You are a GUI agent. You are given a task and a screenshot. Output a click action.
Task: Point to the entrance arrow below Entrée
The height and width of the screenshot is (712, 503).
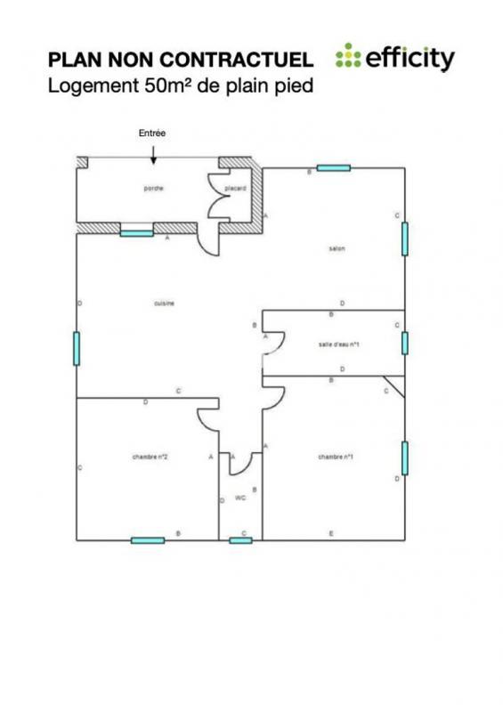[153, 155]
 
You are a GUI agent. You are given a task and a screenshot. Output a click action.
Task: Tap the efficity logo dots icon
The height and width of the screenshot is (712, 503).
[348, 58]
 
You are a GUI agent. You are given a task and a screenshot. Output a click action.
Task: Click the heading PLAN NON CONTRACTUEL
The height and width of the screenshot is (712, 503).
[181, 60]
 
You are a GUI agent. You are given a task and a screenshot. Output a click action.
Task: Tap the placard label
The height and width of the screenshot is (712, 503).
[235, 188]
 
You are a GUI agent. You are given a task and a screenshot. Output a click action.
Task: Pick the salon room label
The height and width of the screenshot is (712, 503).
[337, 249]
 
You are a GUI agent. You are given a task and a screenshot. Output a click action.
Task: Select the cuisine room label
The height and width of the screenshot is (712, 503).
[164, 303]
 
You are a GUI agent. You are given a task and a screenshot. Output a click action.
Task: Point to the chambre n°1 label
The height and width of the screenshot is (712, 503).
[336, 457]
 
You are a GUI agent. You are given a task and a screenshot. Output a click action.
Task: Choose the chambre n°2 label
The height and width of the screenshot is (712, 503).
[150, 457]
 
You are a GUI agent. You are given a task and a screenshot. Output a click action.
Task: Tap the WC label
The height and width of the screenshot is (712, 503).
[240, 498]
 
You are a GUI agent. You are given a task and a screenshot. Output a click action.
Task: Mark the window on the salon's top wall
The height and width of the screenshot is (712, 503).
[333, 167]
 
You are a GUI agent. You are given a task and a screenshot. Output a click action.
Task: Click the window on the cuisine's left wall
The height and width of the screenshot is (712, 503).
[77, 348]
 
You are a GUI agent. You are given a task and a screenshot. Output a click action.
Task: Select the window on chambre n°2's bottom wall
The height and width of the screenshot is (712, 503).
[148, 540]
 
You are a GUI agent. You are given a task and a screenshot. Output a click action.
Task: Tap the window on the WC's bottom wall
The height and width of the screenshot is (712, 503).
[240, 540]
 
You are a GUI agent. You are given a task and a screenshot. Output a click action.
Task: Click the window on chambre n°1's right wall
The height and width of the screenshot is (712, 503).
[404, 457]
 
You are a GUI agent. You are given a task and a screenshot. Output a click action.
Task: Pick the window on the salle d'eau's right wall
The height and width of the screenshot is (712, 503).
[404, 343]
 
